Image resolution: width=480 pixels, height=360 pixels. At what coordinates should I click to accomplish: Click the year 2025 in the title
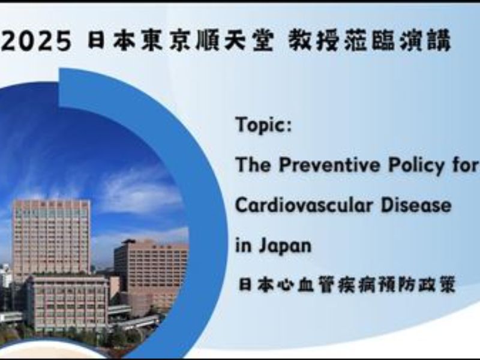[36, 41]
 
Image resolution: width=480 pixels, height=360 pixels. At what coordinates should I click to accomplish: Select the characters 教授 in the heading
[310, 40]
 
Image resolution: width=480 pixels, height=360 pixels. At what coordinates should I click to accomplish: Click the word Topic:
[263, 125]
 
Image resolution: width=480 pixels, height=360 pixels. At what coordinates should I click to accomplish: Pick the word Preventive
[329, 165]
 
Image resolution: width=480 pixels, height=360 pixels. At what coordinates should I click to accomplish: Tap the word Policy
[416, 166]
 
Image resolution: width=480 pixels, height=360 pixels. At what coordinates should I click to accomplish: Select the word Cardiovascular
[304, 205]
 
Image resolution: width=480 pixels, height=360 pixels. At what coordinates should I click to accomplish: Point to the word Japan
[285, 246]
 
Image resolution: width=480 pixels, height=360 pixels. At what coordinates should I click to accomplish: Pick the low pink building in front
[69, 302]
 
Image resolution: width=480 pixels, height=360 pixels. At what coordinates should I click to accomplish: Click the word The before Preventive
[253, 165]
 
